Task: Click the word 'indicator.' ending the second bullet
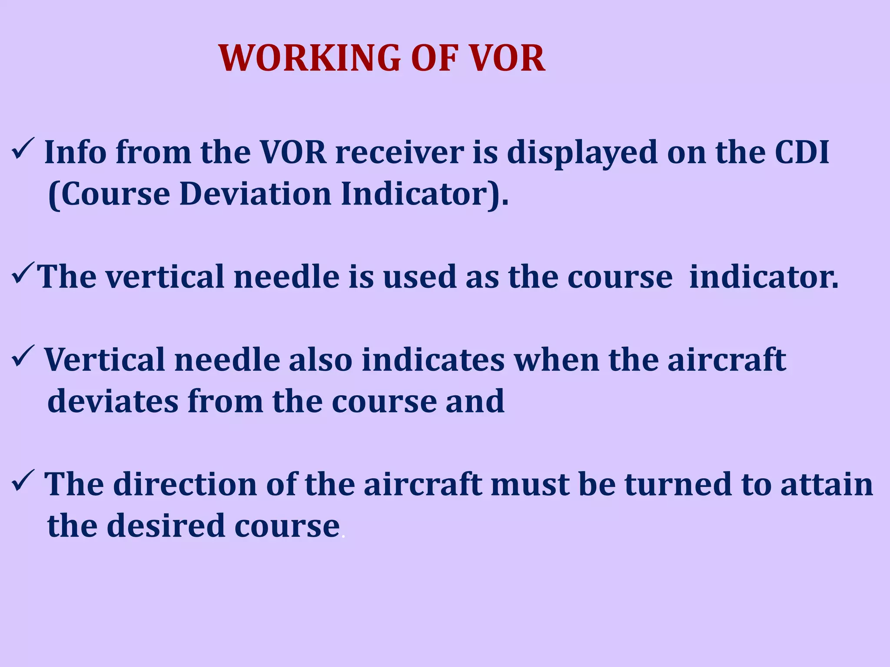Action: click(764, 277)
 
